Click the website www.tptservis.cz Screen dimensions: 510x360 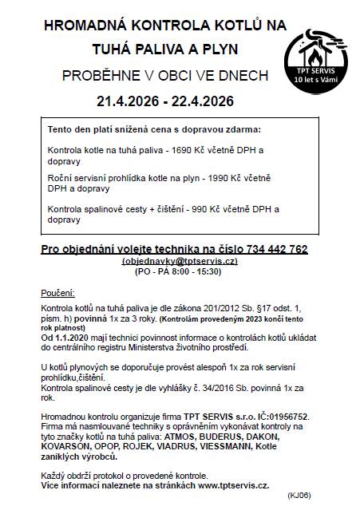point(233,484)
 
